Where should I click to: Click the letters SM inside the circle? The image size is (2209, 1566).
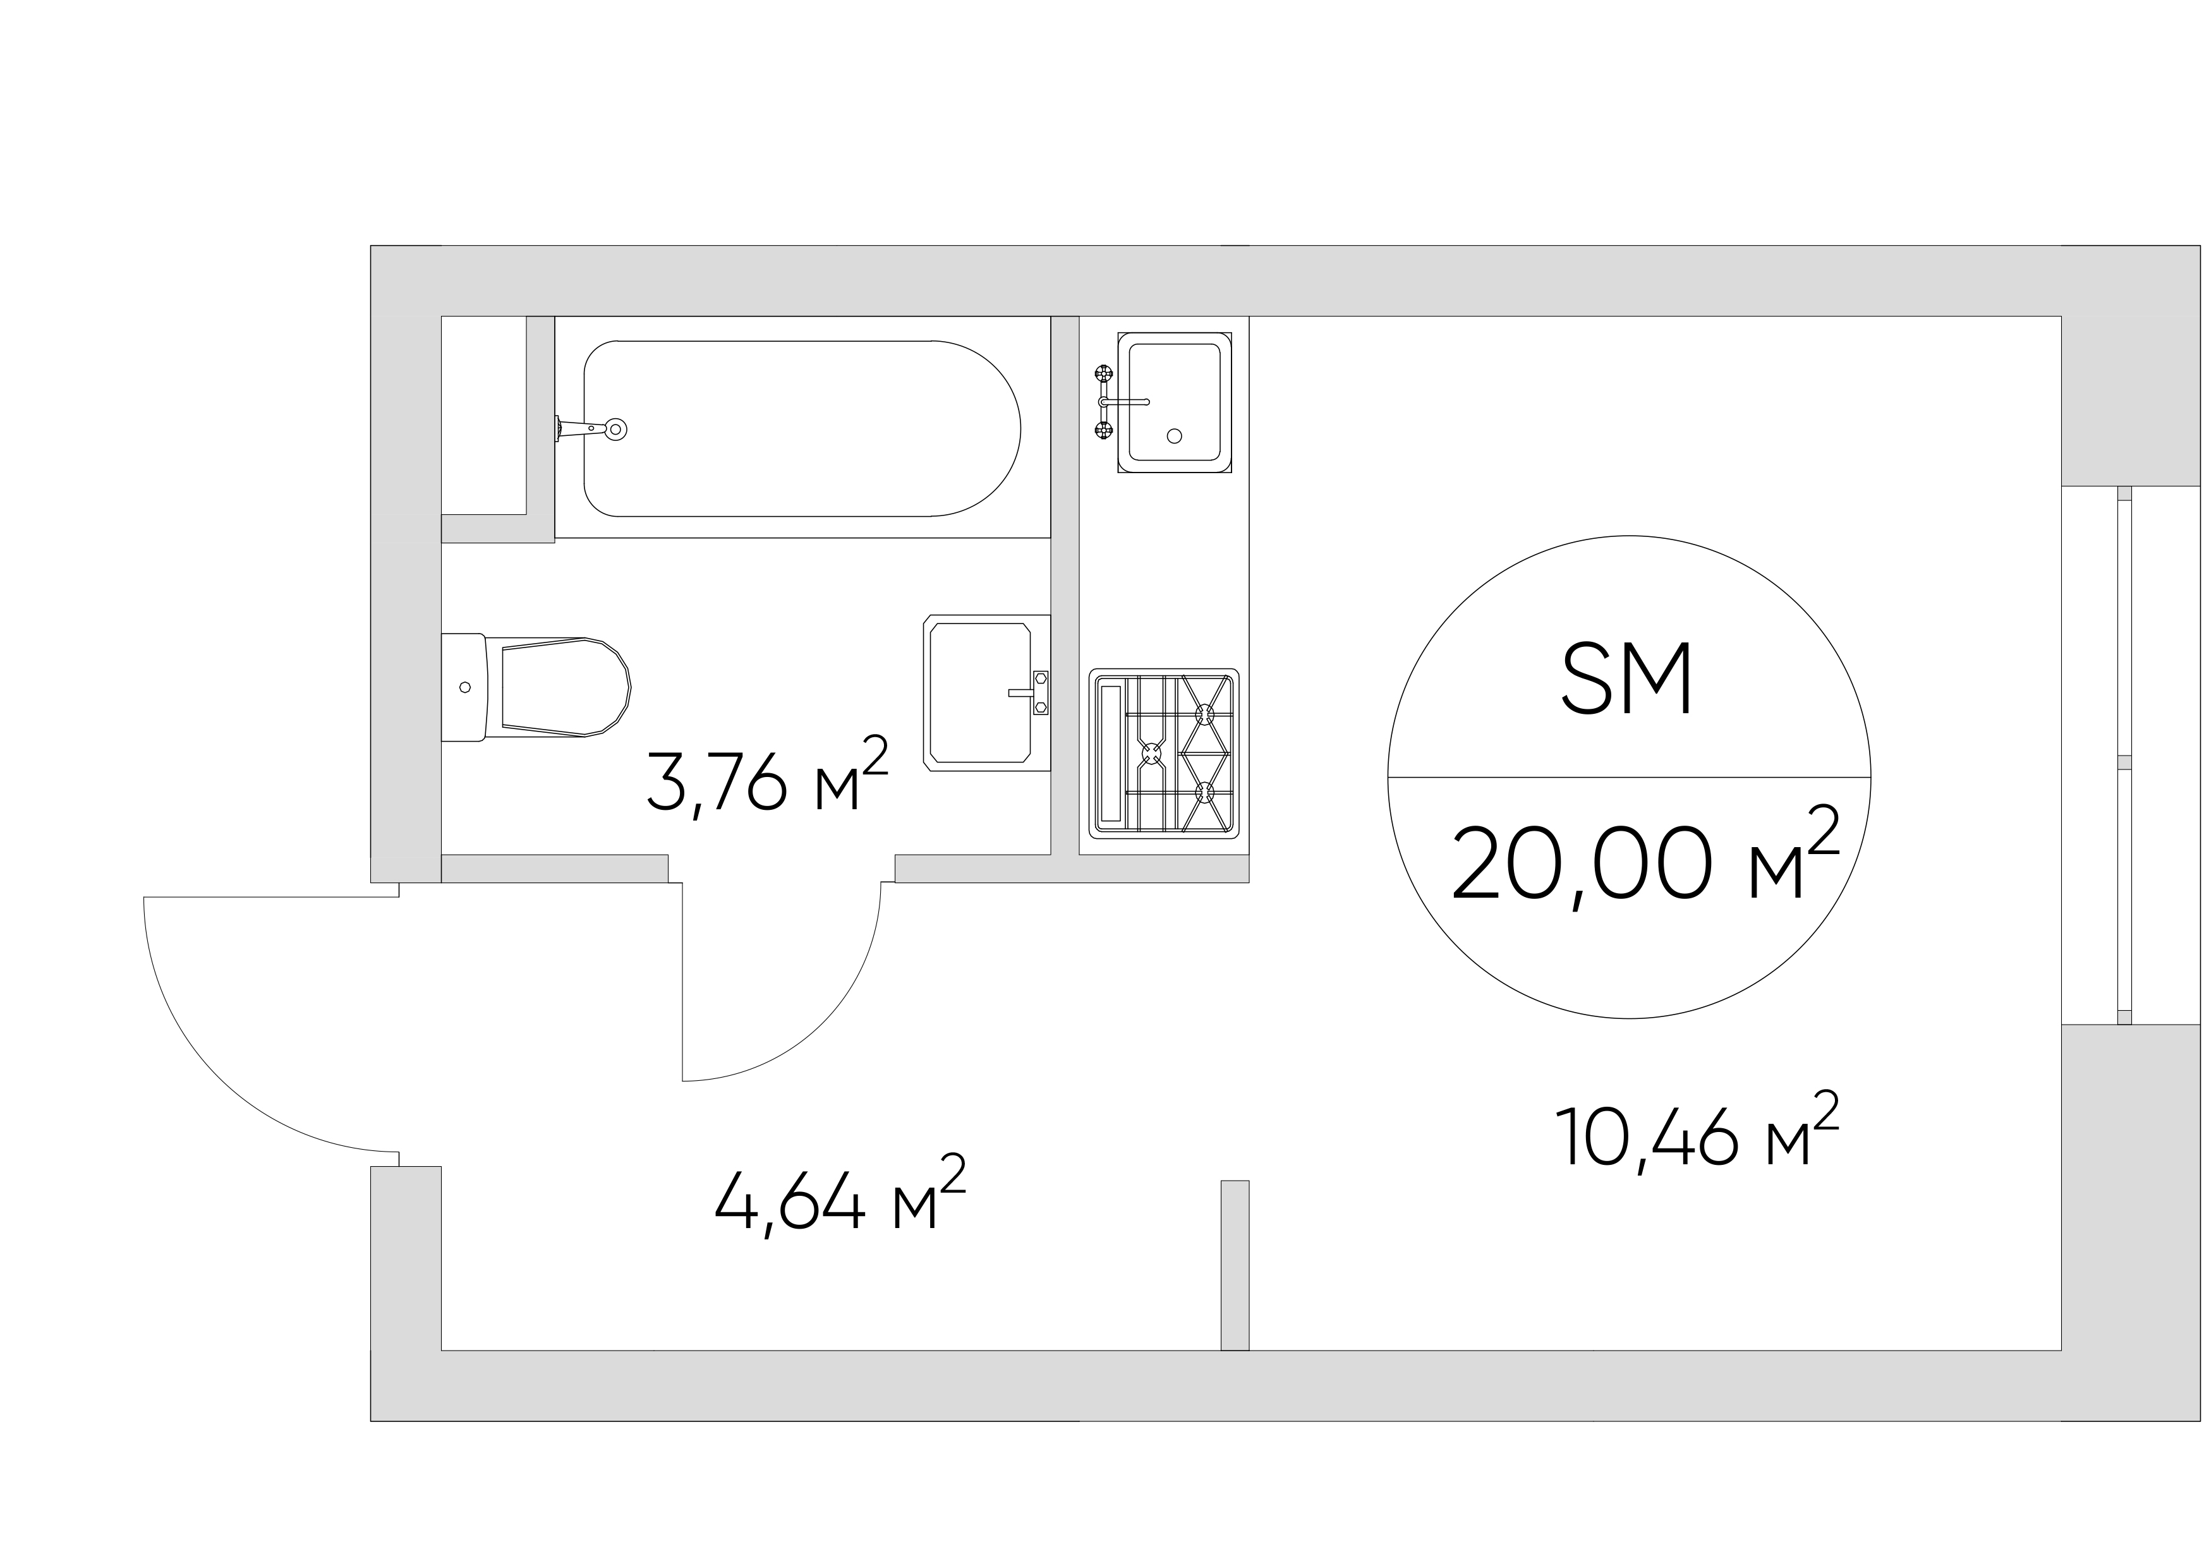coord(1626,680)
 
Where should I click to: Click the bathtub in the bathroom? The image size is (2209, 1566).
coord(802,428)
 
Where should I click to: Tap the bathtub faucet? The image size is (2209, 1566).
coord(590,429)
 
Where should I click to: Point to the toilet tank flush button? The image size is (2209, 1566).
coord(465,687)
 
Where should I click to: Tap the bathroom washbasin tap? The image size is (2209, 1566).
coord(1032,692)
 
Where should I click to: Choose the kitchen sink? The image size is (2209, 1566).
coord(1174,402)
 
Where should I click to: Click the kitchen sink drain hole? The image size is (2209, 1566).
coord(1174,436)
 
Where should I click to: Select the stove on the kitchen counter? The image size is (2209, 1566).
coord(1163,753)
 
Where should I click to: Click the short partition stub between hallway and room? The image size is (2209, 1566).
coord(1235,1265)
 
